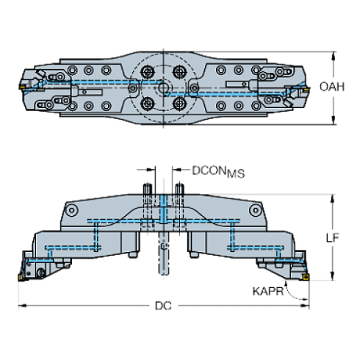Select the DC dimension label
(164, 305)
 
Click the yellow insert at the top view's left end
(23, 87)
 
